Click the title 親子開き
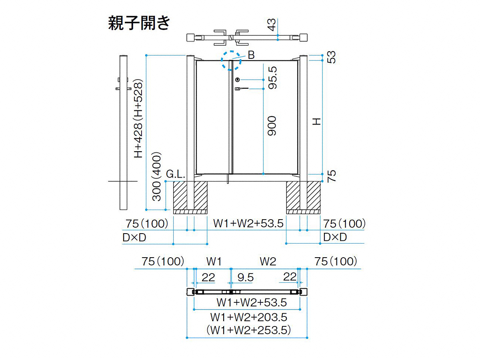tap(139, 23)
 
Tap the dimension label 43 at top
tap(272, 25)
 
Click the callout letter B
tap(251, 55)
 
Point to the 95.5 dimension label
tap(272, 78)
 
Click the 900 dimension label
tap(272, 126)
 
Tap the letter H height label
tap(316, 122)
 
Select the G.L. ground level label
tap(176, 174)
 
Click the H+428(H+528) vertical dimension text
tap(138, 119)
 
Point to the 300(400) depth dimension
tap(156, 176)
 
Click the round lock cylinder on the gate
tap(238, 80)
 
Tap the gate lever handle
tap(242, 88)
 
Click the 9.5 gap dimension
tap(246, 277)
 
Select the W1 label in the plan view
tap(214, 262)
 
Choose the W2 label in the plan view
tap(268, 262)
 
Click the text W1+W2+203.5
tap(249, 317)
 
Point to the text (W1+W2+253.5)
tap(249, 330)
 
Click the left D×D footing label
tap(134, 237)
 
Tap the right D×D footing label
tap(335, 237)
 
